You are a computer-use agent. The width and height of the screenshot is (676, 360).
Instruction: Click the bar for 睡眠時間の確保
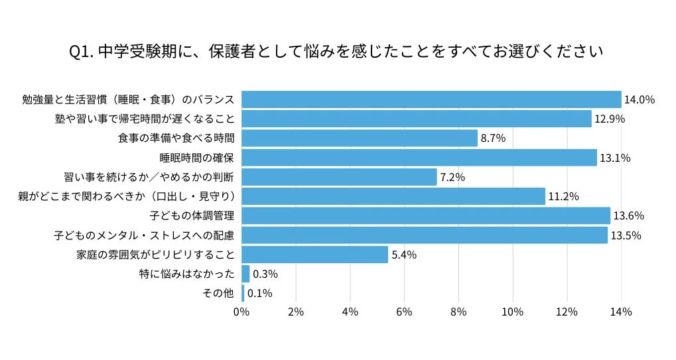click(x=419, y=158)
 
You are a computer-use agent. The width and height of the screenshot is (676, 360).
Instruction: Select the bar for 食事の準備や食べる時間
click(x=360, y=138)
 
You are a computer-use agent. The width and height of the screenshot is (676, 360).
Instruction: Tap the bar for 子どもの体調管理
click(x=426, y=215)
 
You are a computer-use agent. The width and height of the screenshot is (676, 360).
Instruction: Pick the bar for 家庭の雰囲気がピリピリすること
click(x=314, y=255)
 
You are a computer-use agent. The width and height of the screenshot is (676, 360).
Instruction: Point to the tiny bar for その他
click(x=243, y=293)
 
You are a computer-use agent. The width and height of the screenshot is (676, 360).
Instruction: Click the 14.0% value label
click(x=640, y=99)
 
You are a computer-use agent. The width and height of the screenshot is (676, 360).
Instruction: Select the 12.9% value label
click(x=610, y=119)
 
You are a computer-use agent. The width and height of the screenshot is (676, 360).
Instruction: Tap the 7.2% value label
click(x=452, y=177)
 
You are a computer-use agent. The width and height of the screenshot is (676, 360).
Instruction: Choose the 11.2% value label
click(x=564, y=196)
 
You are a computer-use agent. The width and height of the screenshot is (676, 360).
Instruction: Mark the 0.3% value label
click(x=265, y=274)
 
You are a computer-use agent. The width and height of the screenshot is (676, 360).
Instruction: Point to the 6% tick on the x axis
click(x=404, y=312)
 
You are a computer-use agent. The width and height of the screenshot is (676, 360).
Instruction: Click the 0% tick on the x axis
click(x=241, y=312)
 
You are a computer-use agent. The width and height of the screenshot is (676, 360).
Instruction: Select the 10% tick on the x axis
click(x=513, y=312)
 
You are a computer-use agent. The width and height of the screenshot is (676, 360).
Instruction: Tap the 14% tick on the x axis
click(x=621, y=312)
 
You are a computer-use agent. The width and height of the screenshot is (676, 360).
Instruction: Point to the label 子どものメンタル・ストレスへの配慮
click(x=145, y=235)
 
